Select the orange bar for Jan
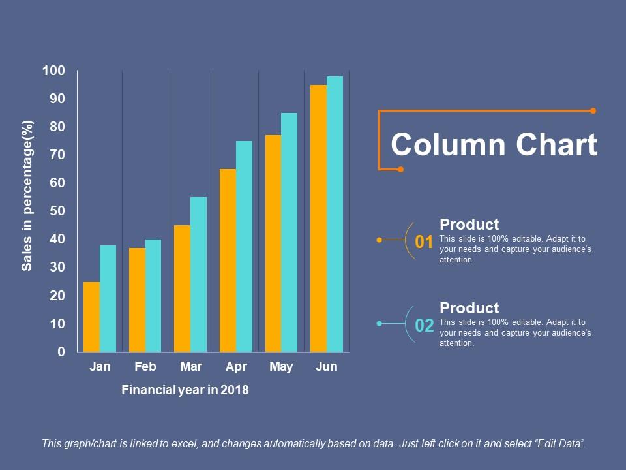[x=92, y=317]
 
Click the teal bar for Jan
[x=108, y=299]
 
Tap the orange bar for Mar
[x=183, y=289]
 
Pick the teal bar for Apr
[x=244, y=247]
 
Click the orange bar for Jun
[x=318, y=219]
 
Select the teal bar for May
[x=289, y=232]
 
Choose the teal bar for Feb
[x=153, y=296]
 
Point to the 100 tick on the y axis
[x=53, y=70]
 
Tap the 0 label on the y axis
[x=61, y=352]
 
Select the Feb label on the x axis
[x=145, y=367]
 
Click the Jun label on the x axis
[x=326, y=367]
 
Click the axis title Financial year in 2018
[x=185, y=390]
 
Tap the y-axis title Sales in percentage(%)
[x=27, y=195]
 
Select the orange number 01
[x=424, y=242]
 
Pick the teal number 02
[x=424, y=326]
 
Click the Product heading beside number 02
[x=469, y=308]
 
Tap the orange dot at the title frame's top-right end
[x=593, y=111]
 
